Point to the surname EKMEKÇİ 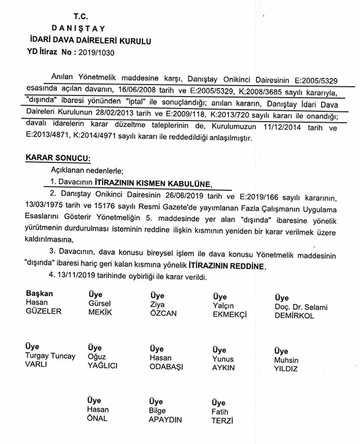point(230,315)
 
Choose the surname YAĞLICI point(103,366)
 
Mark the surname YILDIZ point(287,369)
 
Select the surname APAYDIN point(165,419)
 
